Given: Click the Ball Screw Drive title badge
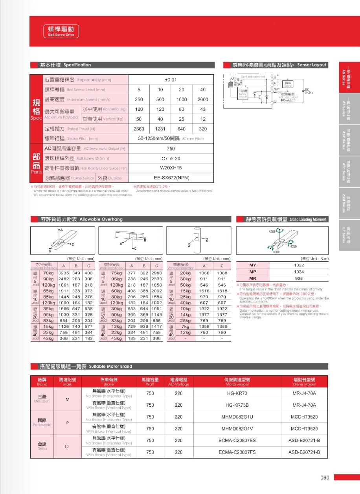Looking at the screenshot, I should click(x=61, y=31).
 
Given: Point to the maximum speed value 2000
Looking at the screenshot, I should click(x=203, y=99).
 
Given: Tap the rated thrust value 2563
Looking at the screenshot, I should click(x=139, y=129).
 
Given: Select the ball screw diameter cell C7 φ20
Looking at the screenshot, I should click(x=171, y=158).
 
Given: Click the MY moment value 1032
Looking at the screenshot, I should click(x=299, y=265).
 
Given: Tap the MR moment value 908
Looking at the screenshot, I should click(x=299, y=278).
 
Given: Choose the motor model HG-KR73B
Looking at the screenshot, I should click(x=237, y=405).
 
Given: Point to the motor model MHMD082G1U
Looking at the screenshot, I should click(x=237, y=417).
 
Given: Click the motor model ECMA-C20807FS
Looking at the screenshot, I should click(x=237, y=452).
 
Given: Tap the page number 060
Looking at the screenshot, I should click(x=325, y=478).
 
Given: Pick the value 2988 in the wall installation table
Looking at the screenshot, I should click(x=156, y=273).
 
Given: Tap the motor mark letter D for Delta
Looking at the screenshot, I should click(x=67, y=446).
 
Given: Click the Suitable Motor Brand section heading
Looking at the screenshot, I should click(x=86, y=366).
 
